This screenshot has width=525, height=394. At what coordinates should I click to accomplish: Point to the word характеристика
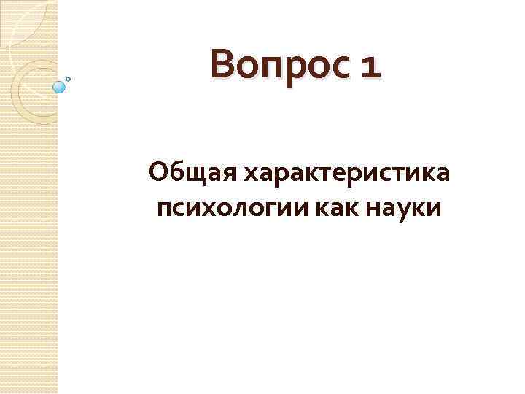(346, 174)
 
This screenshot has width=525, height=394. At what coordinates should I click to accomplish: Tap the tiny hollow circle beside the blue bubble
(69, 78)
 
